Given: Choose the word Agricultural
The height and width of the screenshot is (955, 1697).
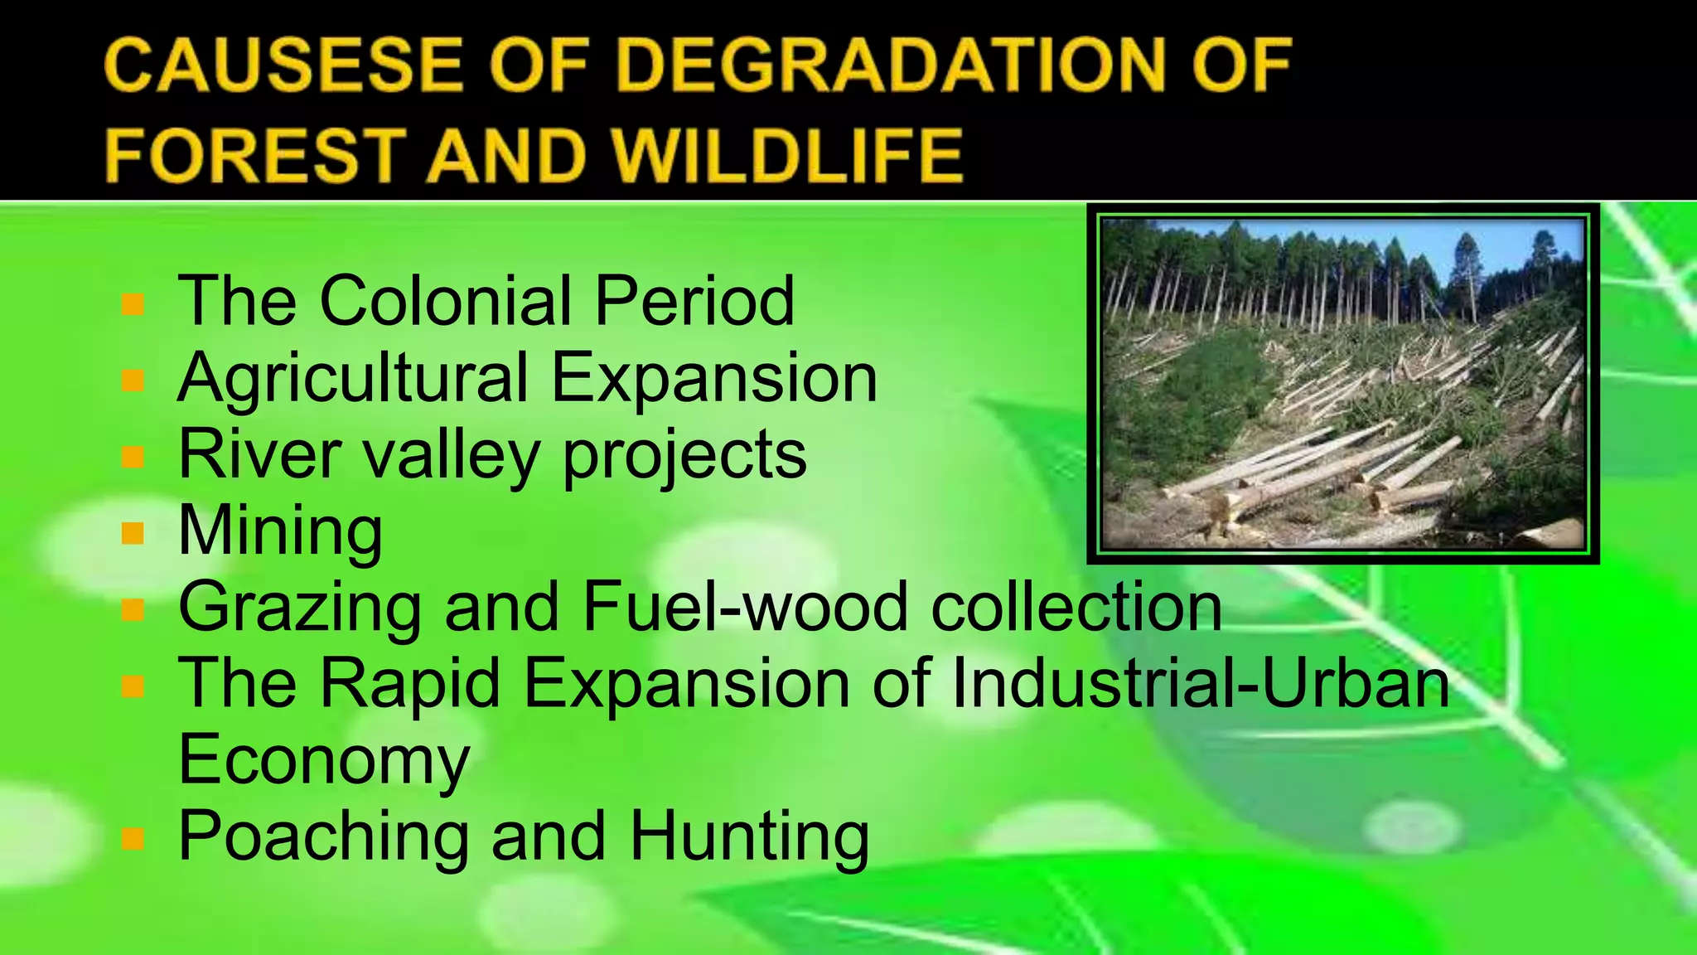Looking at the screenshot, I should (352, 378).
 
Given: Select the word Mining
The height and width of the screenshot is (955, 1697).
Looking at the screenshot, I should (280, 532).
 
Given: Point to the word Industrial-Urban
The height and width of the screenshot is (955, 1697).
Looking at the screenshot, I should (1201, 683).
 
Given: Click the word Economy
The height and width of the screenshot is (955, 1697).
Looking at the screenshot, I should (324, 761).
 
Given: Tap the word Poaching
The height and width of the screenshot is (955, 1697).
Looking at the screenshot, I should (324, 837).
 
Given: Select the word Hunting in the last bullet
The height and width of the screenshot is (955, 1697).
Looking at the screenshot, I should (749, 837).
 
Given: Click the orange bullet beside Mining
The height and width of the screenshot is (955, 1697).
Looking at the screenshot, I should (133, 532).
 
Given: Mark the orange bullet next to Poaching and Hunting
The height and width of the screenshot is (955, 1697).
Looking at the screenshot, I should (133, 839).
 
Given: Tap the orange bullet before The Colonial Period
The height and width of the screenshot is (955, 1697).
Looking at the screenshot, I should (133, 303).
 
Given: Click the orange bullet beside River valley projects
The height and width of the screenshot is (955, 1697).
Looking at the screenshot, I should (133, 457).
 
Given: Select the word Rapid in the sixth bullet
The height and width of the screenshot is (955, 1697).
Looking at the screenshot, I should (410, 685).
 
